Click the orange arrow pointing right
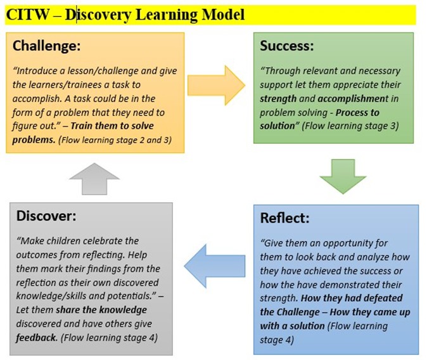coord(216,86)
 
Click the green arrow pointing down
coord(343,176)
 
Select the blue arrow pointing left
coord(215,266)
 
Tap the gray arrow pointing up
coord(94,179)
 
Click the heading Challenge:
coord(47,46)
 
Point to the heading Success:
coord(287,46)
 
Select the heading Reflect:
coord(284,218)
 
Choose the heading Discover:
coord(46,216)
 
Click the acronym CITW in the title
coord(27,15)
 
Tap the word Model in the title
coord(223,15)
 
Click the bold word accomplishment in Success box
coord(354,99)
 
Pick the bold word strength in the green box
coord(277,99)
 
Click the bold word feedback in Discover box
coord(36,338)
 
